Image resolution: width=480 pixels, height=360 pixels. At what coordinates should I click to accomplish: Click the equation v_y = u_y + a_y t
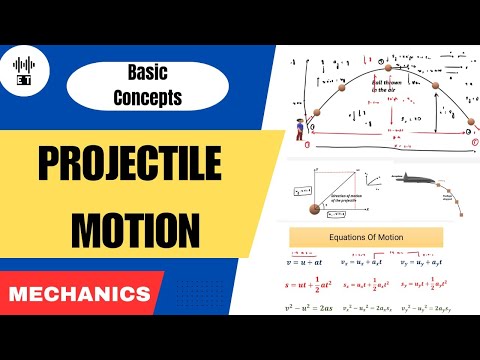[x=441, y=261]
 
